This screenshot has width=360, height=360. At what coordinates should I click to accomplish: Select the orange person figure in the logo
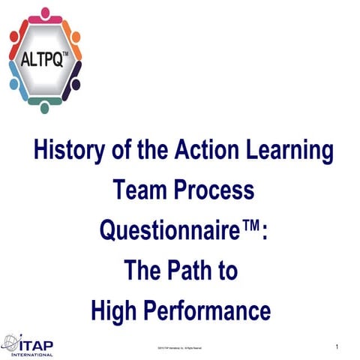72,34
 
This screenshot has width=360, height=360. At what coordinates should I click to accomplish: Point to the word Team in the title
140,190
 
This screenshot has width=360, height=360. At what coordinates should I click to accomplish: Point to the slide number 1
338,346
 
